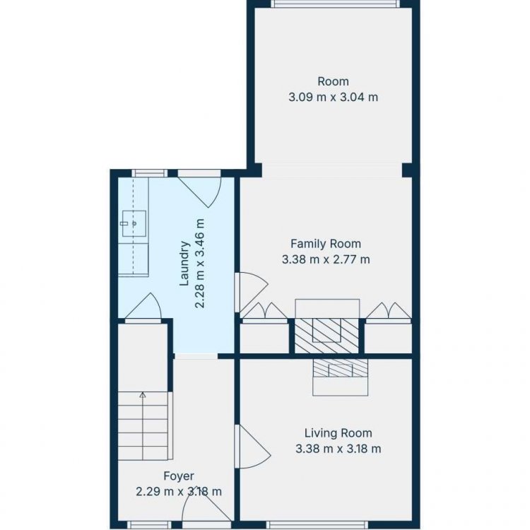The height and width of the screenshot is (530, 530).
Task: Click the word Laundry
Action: coord(184,264)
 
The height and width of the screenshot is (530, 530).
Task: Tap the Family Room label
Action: coord(326,244)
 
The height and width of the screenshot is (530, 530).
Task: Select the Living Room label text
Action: coord(338,433)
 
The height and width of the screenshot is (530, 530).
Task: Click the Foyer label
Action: coord(179,476)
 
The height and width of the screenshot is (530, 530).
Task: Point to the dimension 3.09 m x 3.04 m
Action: coord(334,98)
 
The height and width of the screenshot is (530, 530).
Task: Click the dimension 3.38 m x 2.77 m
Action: coord(326,259)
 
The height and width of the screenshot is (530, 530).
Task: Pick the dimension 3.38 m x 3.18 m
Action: coord(338,449)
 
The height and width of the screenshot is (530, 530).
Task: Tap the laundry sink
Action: coord(134,223)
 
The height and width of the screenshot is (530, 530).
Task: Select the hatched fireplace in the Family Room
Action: coord(326,336)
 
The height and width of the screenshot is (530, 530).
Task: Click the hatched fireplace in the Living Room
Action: coord(340,367)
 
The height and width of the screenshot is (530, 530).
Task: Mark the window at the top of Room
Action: coord(335,4)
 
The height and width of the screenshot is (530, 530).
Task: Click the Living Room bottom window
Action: coord(317,525)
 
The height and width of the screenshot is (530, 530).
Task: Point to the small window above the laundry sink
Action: coord(149,173)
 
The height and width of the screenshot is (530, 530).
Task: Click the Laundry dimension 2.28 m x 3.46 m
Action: coord(200,264)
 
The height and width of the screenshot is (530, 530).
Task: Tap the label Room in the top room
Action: coord(334,81)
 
